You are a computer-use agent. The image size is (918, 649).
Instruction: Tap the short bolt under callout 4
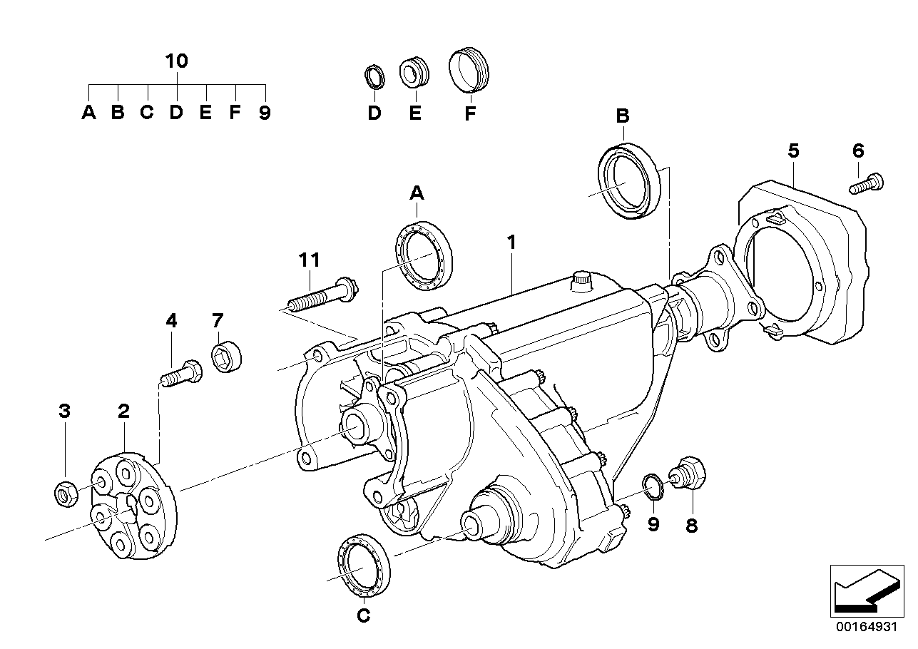click(183, 373)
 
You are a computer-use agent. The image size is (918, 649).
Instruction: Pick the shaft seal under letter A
click(423, 255)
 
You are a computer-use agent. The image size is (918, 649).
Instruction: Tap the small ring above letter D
click(374, 76)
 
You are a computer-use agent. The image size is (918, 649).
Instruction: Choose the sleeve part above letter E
click(414, 72)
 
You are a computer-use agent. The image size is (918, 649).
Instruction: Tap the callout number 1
click(511, 242)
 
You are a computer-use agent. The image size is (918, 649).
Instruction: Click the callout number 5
click(793, 150)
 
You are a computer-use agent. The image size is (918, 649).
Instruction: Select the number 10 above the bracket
click(176, 61)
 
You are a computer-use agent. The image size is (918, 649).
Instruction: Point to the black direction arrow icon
click(865, 590)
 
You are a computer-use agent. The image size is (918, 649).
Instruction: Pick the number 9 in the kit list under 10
click(265, 113)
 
